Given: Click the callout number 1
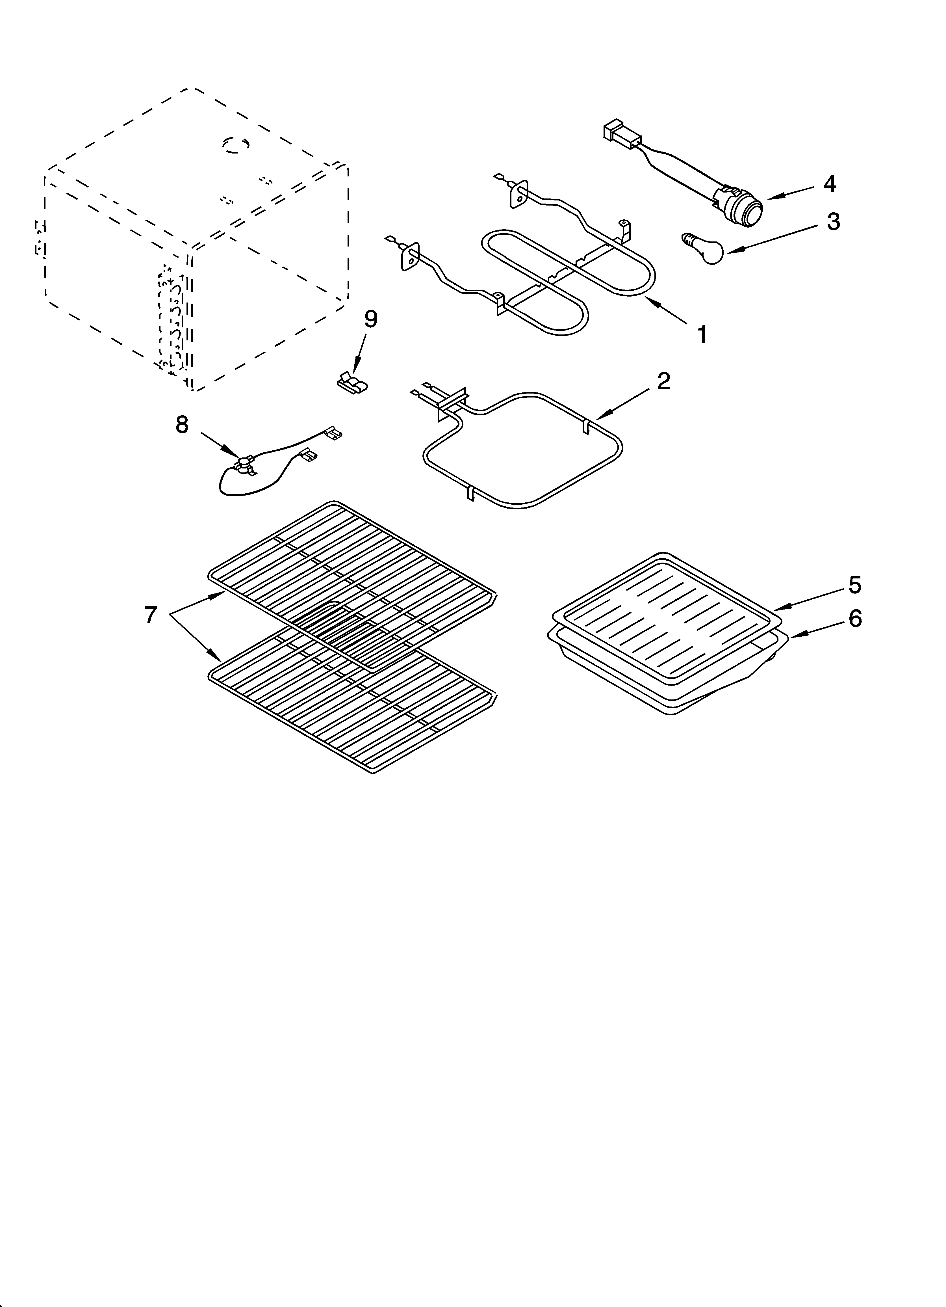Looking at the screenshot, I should coord(702,334).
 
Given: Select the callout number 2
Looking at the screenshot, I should coord(664,381).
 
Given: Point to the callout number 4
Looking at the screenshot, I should coord(829,184).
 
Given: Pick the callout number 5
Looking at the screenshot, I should coord(854,585).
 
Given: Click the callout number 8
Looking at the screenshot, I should coord(182,425).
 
